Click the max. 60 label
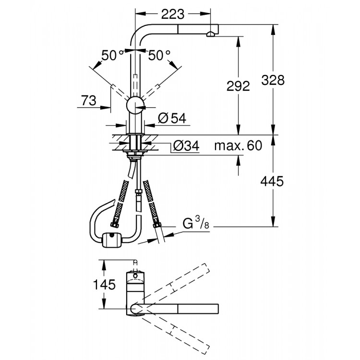238,146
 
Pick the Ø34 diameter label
185,146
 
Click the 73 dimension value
89,100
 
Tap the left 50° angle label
113,56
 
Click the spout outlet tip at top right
211,34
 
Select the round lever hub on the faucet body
135,105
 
